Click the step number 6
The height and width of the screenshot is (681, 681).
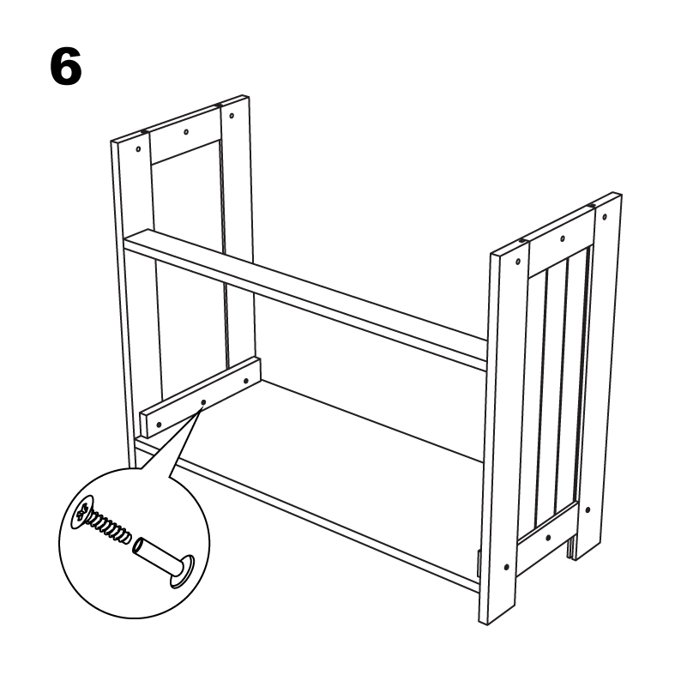[x=65, y=66]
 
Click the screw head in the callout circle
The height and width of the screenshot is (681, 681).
[x=83, y=512]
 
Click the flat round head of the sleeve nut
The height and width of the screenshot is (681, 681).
[x=183, y=572]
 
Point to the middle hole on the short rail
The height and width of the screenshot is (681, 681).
[x=203, y=402]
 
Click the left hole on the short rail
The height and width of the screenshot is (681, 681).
[x=159, y=425]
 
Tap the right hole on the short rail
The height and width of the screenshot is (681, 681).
[x=246, y=382]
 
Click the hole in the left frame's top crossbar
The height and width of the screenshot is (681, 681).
[x=186, y=131]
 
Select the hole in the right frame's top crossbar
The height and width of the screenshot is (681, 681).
[x=563, y=238]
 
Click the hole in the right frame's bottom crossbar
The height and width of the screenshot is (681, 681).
[x=549, y=538]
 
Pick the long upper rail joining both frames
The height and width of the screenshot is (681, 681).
[x=305, y=298]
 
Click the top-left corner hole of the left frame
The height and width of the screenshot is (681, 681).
[x=138, y=148]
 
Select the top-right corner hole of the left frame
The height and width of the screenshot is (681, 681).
[x=232, y=116]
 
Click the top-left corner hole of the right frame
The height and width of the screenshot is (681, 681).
[x=518, y=262]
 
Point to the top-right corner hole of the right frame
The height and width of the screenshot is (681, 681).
[x=605, y=216]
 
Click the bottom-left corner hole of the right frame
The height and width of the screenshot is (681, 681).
[x=506, y=567]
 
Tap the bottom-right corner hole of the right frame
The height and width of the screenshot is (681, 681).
[x=588, y=509]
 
